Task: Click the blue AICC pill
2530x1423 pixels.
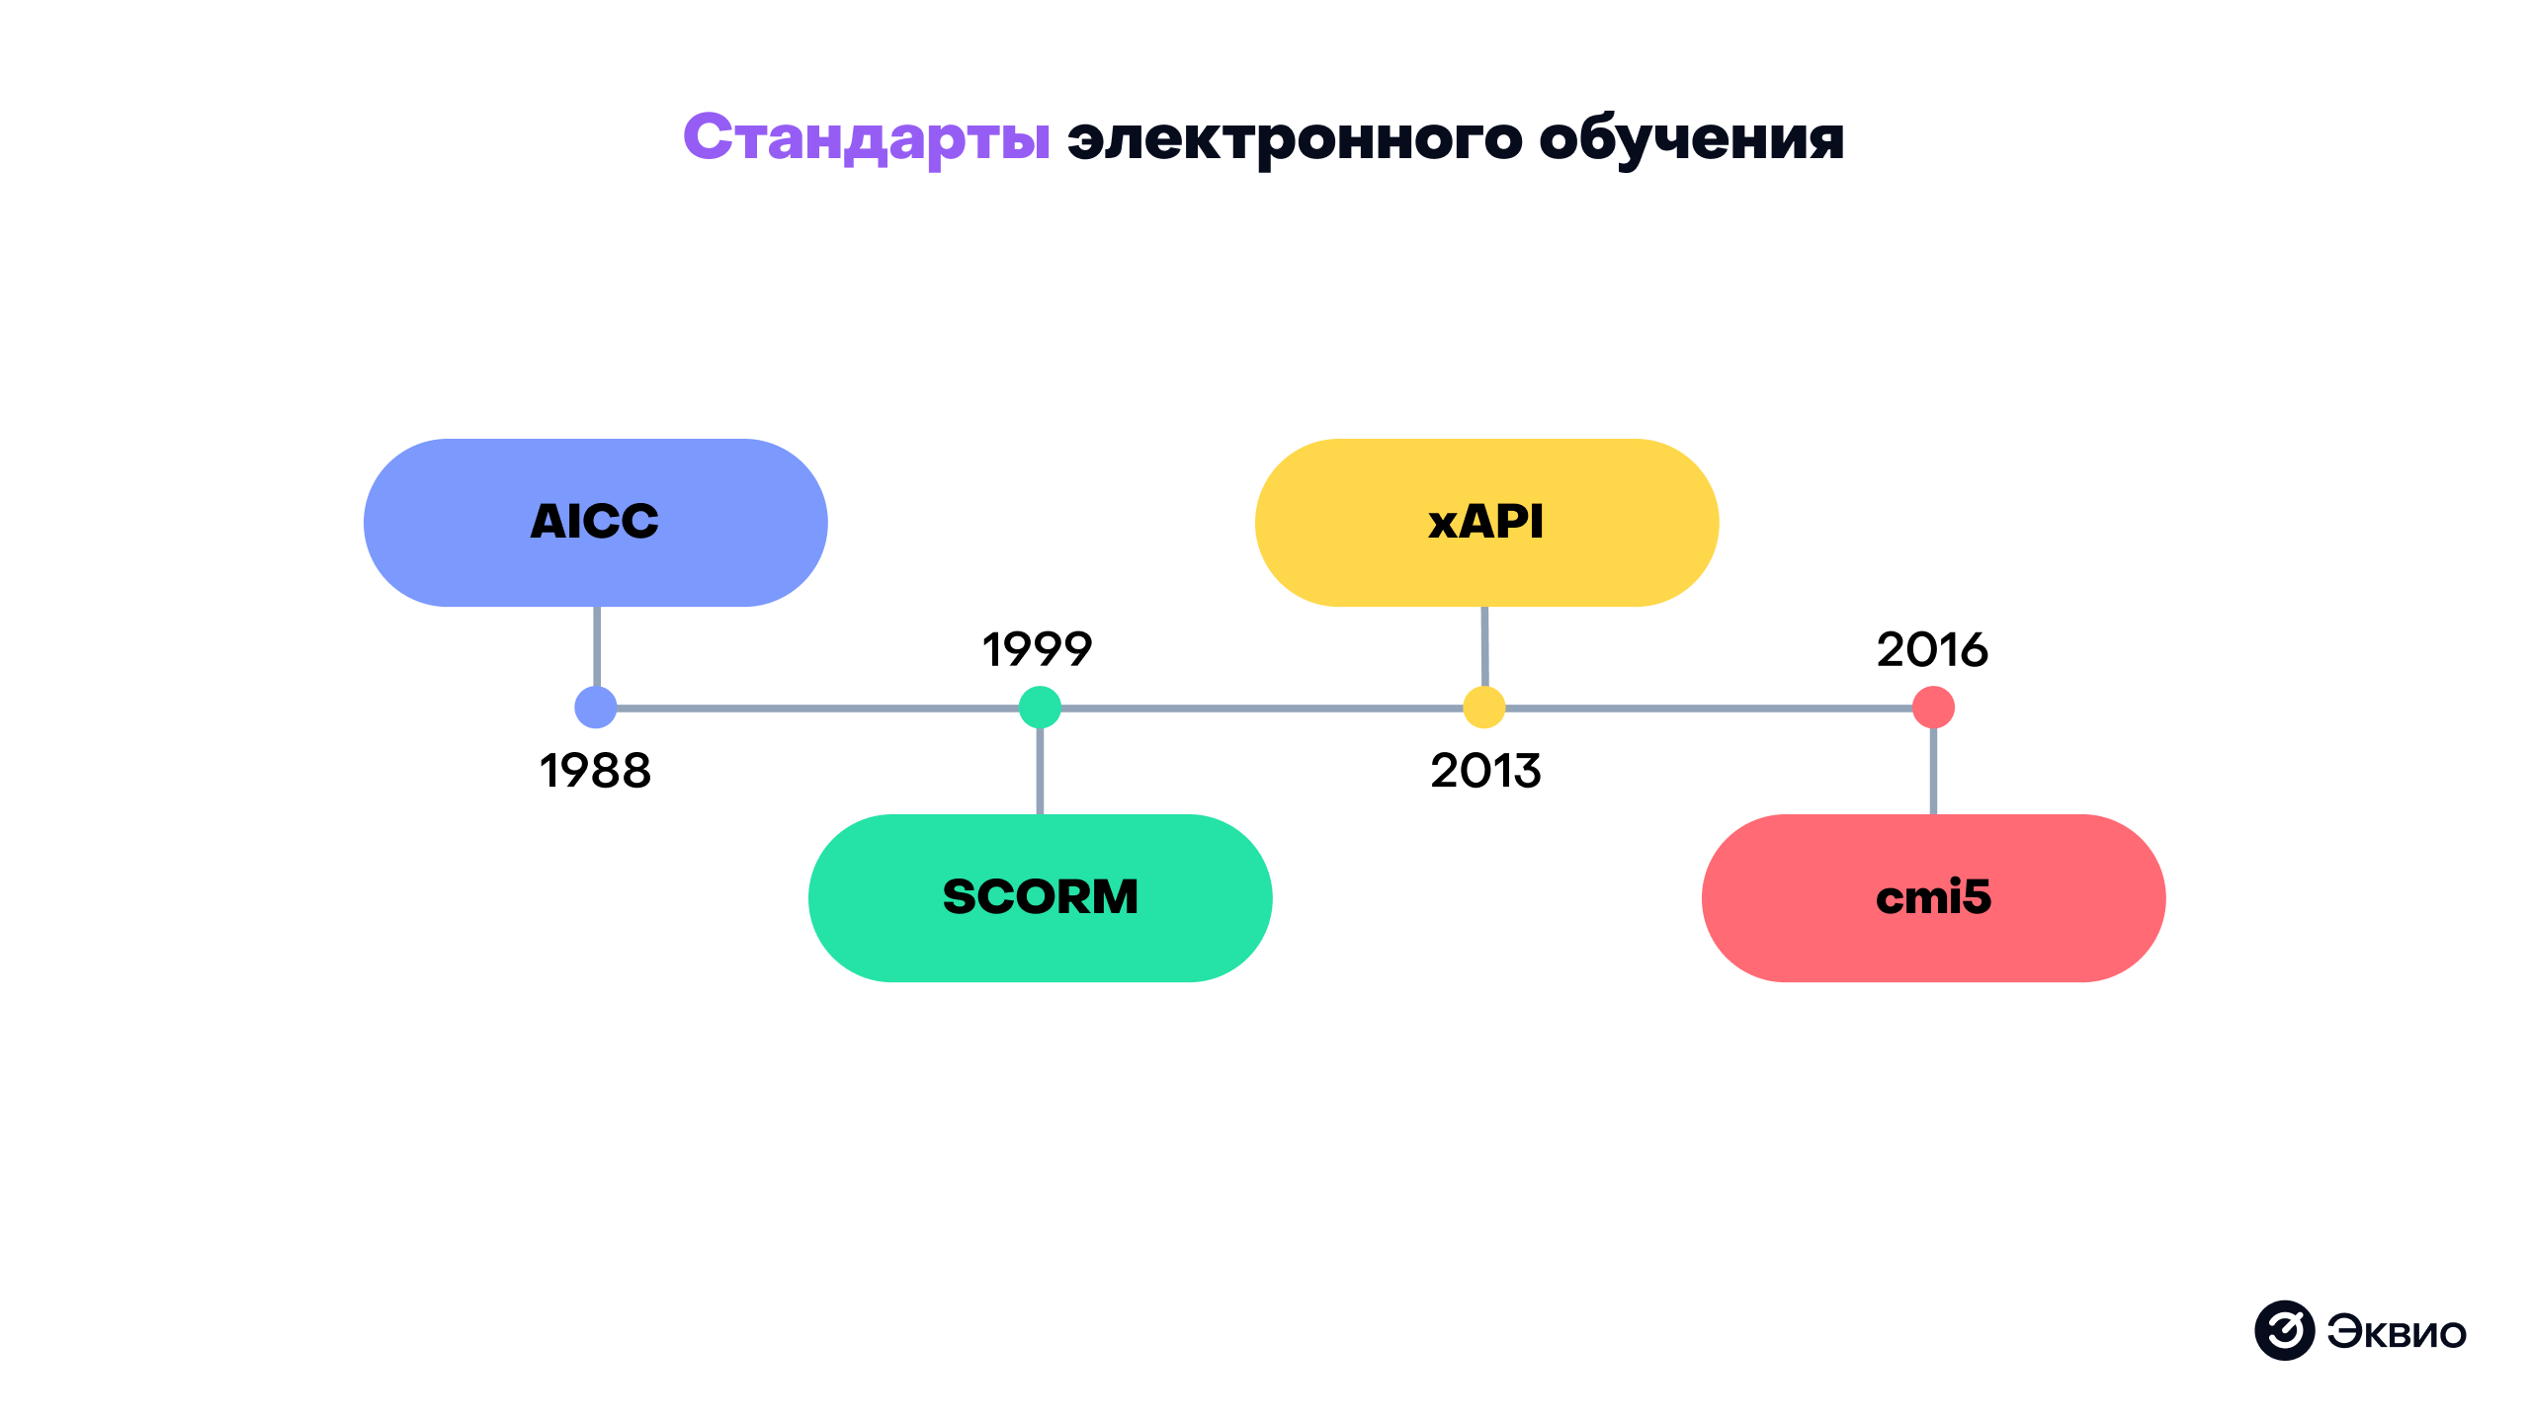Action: click(x=595, y=522)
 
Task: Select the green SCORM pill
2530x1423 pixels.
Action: click(x=1040, y=897)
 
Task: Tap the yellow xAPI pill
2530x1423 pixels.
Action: click(x=1485, y=522)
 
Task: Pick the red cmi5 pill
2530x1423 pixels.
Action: click(x=1933, y=897)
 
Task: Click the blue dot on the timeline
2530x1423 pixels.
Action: click(x=596, y=708)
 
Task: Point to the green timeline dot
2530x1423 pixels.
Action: click(x=1040, y=708)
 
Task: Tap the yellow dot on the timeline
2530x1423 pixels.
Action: click(x=1483, y=708)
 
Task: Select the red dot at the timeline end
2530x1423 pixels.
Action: click(x=1933, y=708)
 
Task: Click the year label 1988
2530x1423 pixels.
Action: click(x=595, y=771)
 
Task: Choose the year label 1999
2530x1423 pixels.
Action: click(x=1037, y=649)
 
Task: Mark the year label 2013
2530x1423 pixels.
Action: click(x=1485, y=771)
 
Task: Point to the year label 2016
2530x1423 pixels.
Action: click(x=1932, y=649)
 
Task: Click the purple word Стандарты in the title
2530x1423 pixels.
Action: click(x=867, y=138)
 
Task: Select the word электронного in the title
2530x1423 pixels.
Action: click(x=1295, y=138)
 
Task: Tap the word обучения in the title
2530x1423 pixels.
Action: click(x=1691, y=138)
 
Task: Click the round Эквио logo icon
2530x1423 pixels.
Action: click(x=2284, y=1330)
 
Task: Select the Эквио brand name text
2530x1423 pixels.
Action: click(x=2397, y=1332)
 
